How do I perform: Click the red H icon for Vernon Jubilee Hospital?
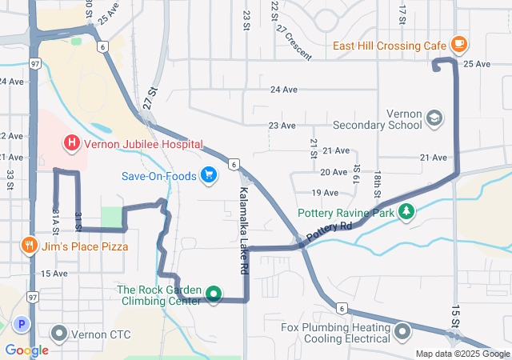coord(72,143)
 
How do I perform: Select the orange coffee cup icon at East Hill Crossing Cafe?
coord(458,43)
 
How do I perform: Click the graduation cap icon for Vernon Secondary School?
coord(434,118)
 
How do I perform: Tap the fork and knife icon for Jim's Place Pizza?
coord(30,246)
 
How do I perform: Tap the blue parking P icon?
coord(22,325)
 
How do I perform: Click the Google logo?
coord(26,350)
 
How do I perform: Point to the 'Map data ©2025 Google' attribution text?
coord(462,354)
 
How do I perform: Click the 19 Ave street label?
coord(325,193)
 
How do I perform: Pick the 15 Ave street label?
coord(54,274)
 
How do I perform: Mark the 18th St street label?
coord(376,181)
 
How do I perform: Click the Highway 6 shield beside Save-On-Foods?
coord(233,164)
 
